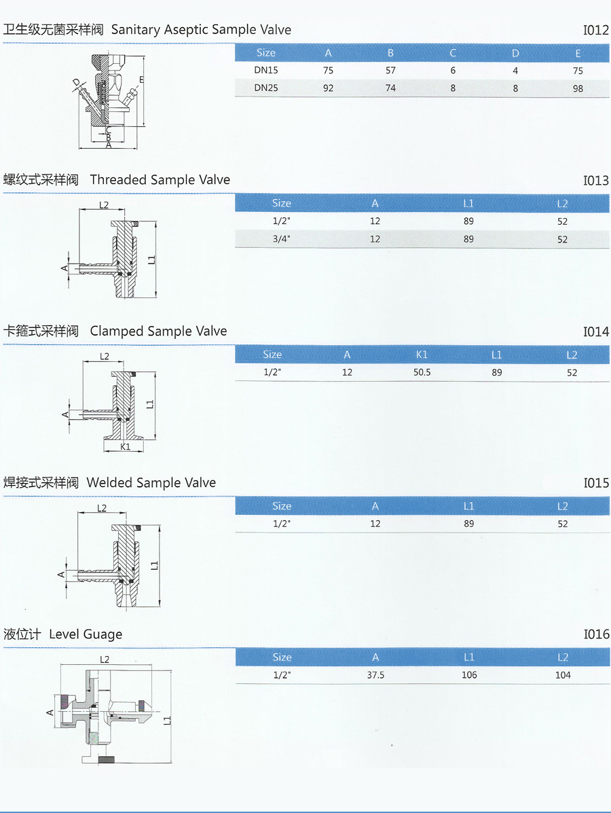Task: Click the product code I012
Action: (596, 30)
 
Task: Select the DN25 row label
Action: (266, 88)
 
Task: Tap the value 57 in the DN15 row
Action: (391, 70)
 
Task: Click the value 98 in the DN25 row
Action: (578, 88)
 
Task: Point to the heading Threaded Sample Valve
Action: (160, 180)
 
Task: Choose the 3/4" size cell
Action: (282, 239)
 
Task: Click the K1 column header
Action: (422, 355)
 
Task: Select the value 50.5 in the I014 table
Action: (422, 372)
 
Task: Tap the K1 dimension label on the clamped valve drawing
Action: (125, 446)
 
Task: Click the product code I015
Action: (597, 483)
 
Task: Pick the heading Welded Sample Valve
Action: (151, 483)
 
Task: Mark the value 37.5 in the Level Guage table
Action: (375, 675)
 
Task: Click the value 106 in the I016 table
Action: (469, 675)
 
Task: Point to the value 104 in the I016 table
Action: (563, 675)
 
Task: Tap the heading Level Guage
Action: (86, 634)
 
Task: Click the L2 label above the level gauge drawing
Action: (104, 660)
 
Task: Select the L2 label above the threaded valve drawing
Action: (104, 205)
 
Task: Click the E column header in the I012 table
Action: (578, 54)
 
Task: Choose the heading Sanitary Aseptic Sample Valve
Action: (201, 30)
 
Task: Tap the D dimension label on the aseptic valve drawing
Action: (77, 83)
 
